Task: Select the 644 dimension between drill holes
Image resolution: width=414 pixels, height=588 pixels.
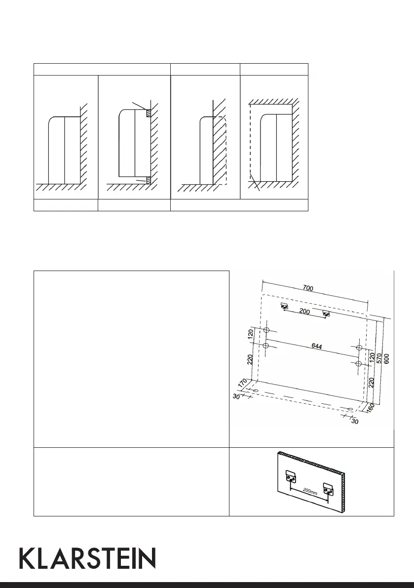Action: click(317, 347)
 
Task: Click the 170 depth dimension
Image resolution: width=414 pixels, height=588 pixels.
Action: click(241, 383)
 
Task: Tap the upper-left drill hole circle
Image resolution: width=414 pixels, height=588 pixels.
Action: click(266, 330)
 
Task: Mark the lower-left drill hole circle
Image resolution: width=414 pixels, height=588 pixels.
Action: click(265, 346)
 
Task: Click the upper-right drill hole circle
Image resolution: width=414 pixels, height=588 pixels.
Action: click(359, 349)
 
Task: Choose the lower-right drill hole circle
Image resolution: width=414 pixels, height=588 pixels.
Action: click(359, 364)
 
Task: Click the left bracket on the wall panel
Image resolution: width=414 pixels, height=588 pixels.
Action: click(290, 477)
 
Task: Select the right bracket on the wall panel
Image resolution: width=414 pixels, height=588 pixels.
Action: click(328, 488)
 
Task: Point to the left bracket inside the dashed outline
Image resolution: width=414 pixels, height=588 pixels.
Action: click(285, 307)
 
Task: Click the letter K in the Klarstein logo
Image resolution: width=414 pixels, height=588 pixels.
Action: click(28, 558)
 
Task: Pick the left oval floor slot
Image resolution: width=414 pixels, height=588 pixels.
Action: click(256, 391)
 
